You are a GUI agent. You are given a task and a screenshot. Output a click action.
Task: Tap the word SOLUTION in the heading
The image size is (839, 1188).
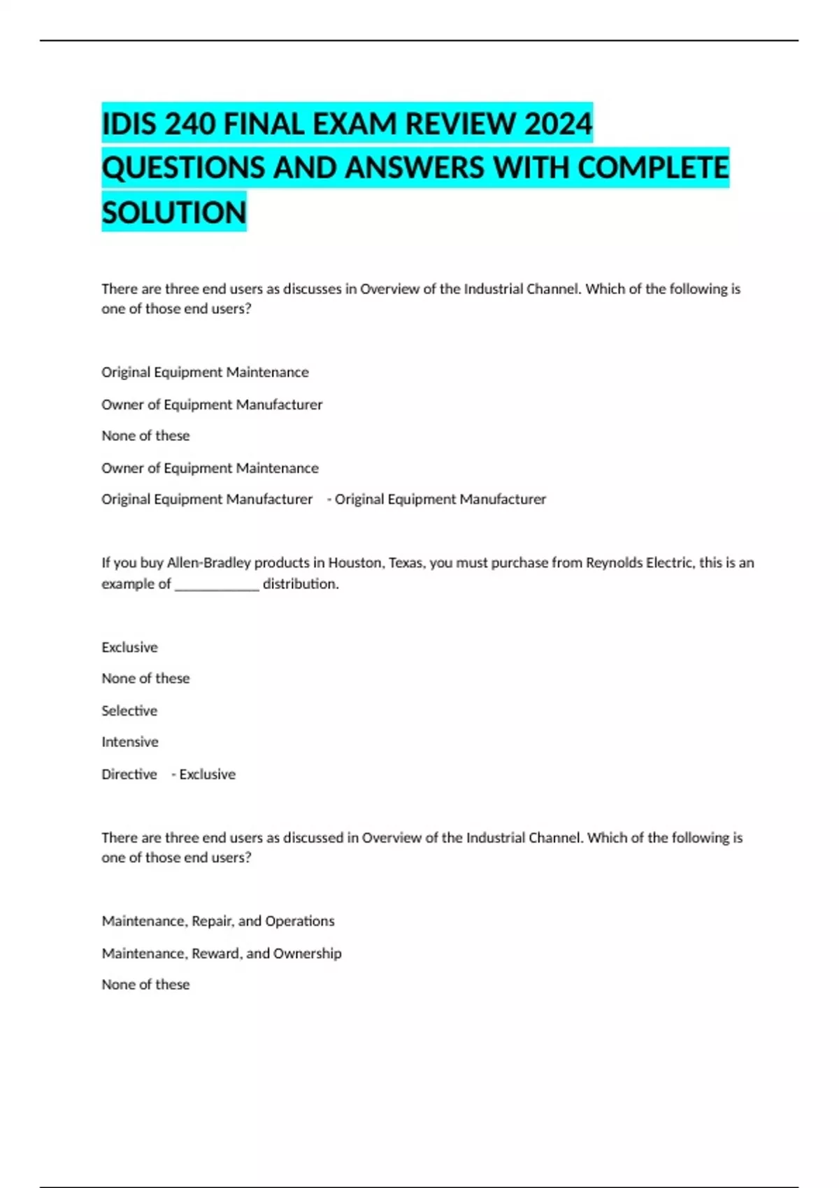(174, 212)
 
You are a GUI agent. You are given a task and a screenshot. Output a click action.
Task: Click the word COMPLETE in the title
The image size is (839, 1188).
(654, 168)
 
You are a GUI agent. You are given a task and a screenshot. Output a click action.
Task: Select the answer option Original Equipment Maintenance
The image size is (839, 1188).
(205, 372)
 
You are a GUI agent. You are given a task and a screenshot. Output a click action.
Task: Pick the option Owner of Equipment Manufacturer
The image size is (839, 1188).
(212, 405)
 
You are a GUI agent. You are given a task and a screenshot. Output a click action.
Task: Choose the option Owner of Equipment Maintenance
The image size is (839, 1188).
(210, 468)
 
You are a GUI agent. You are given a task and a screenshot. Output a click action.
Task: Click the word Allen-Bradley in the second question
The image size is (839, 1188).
(208, 563)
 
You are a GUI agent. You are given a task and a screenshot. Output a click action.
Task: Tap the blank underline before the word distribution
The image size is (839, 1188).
(217, 584)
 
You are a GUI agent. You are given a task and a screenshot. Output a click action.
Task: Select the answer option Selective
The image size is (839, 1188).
(129, 711)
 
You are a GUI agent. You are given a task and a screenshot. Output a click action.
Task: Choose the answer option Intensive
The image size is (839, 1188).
(130, 742)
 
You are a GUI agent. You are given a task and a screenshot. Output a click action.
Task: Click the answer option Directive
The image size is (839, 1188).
(129, 774)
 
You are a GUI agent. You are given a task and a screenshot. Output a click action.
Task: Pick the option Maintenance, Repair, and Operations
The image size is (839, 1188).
(218, 921)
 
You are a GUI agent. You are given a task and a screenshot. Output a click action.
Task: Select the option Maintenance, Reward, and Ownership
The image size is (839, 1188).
(222, 953)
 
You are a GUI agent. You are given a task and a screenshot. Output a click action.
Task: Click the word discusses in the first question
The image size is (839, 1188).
(313, 289)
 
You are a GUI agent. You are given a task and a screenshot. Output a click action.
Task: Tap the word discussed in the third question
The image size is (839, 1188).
(313, 838)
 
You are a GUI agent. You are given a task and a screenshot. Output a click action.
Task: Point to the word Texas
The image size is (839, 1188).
(406, 563)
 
